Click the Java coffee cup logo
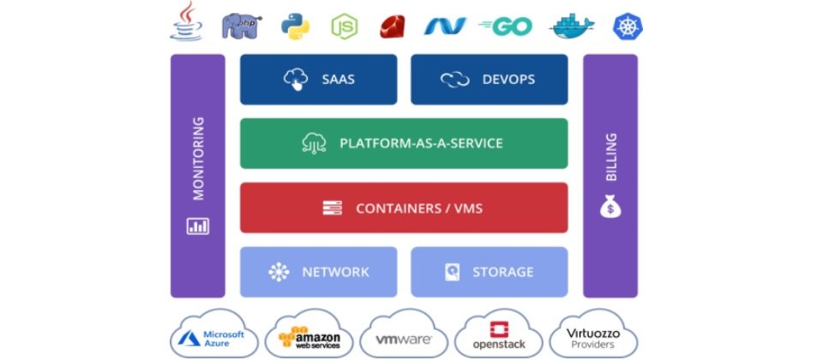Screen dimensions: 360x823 pyautogui.click(x=186, y=22)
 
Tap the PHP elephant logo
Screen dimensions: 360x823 pyautogui.click(x=240, y=26)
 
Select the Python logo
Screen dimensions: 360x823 pyautogui.click(x=294, y=26)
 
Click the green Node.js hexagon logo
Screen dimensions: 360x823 pyautogui.click(x=344, y=26)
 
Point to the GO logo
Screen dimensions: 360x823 pyautogui.click(x=506, y=26)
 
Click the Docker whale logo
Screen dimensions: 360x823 pyautogui.click(x=572, y=27)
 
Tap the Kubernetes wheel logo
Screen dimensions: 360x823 pyautogui.click(x=628, y=26)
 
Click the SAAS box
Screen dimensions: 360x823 pyautogui.click(x=318, y=80)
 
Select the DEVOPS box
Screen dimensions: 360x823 pyautogui.click(x=489, y=80)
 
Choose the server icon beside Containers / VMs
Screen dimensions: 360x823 pyautogui.click(x=333, y=207)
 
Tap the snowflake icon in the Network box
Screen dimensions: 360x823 pyautogui.click(x=279, y=272)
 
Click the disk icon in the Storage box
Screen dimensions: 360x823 pyautogui.click(x=453, y=272)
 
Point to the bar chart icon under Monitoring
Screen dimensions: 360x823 pyautogui.click(x=197, y=226)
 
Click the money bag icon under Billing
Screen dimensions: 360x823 pyautogui.click(x=610, y=207)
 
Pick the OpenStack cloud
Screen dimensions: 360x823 pyautogui.click(x=497, y=337)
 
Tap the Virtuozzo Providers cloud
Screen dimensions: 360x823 pyautogui.click(x=592, y=336)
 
